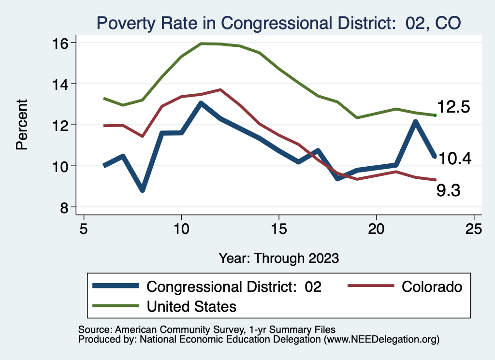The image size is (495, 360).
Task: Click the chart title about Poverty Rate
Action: (x=278, y=23)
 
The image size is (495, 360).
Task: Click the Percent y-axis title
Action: (x=22, y=125)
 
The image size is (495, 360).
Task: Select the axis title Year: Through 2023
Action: (x=278, y=258)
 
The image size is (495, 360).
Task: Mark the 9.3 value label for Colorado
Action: (x=448, y=191)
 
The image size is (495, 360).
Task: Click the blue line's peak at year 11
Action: (x=201, y=103)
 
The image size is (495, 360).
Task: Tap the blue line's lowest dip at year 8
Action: (x=142, y=190)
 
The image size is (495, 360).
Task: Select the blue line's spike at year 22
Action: (x=415, y=122)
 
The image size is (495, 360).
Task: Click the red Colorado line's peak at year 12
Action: (x=220, y=90)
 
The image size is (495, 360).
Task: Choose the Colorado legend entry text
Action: (x=432, y=287)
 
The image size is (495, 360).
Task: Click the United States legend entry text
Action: (x=191, y=306)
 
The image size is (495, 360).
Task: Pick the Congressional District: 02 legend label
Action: (x=234, y=287)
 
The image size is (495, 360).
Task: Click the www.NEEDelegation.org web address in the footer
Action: (x=382, y=339)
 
